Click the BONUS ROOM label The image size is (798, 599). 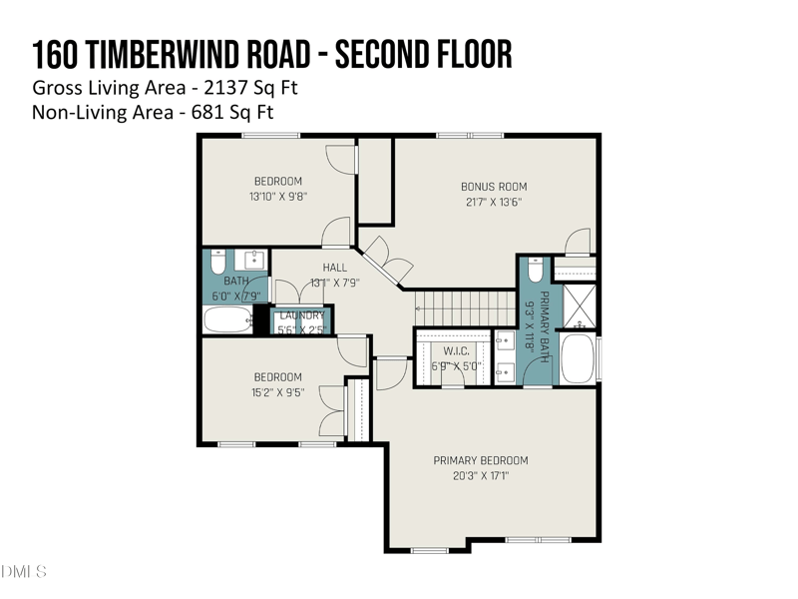click(x=494, y=187)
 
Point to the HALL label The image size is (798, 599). click(x=335, y=268)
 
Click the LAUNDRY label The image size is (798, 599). click(x=301, y=315)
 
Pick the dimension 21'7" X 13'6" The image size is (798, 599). click(x=494, y=202)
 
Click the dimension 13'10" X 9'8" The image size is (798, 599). click(x=277, y=197)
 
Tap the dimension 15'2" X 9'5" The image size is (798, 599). click(x=277, y=392)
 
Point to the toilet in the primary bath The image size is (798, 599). click(x=536, y=270)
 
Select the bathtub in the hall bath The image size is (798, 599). click(x=228, y=319)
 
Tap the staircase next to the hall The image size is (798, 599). click(x=463, y=301)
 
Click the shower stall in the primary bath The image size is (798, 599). click(x=578, y=306)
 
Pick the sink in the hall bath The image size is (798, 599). click(x=252, y=261)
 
